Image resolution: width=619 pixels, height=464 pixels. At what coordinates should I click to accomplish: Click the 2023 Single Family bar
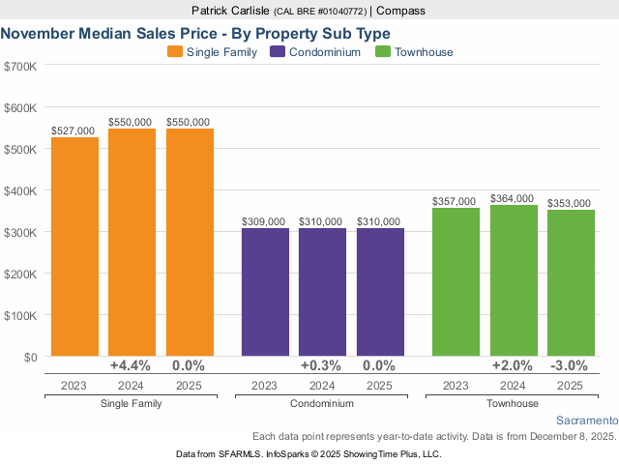(74, 246)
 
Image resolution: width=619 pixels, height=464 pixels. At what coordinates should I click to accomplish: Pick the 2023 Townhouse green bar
(456, 281)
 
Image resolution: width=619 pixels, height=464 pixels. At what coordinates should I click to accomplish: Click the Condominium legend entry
(315, 52)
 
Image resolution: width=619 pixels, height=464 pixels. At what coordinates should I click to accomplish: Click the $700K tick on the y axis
(20, 67)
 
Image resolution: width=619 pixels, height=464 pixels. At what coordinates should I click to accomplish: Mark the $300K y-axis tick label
(20, 233)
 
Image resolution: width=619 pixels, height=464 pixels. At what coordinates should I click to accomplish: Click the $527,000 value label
(74, 130)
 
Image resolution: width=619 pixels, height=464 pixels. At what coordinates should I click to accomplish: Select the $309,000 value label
(264, 221)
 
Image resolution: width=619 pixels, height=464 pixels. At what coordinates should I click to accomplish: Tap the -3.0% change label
(571, 366)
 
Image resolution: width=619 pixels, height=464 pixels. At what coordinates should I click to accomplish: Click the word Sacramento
(587, 421)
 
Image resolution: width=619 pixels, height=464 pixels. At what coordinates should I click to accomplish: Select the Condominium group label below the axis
(322, 403)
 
